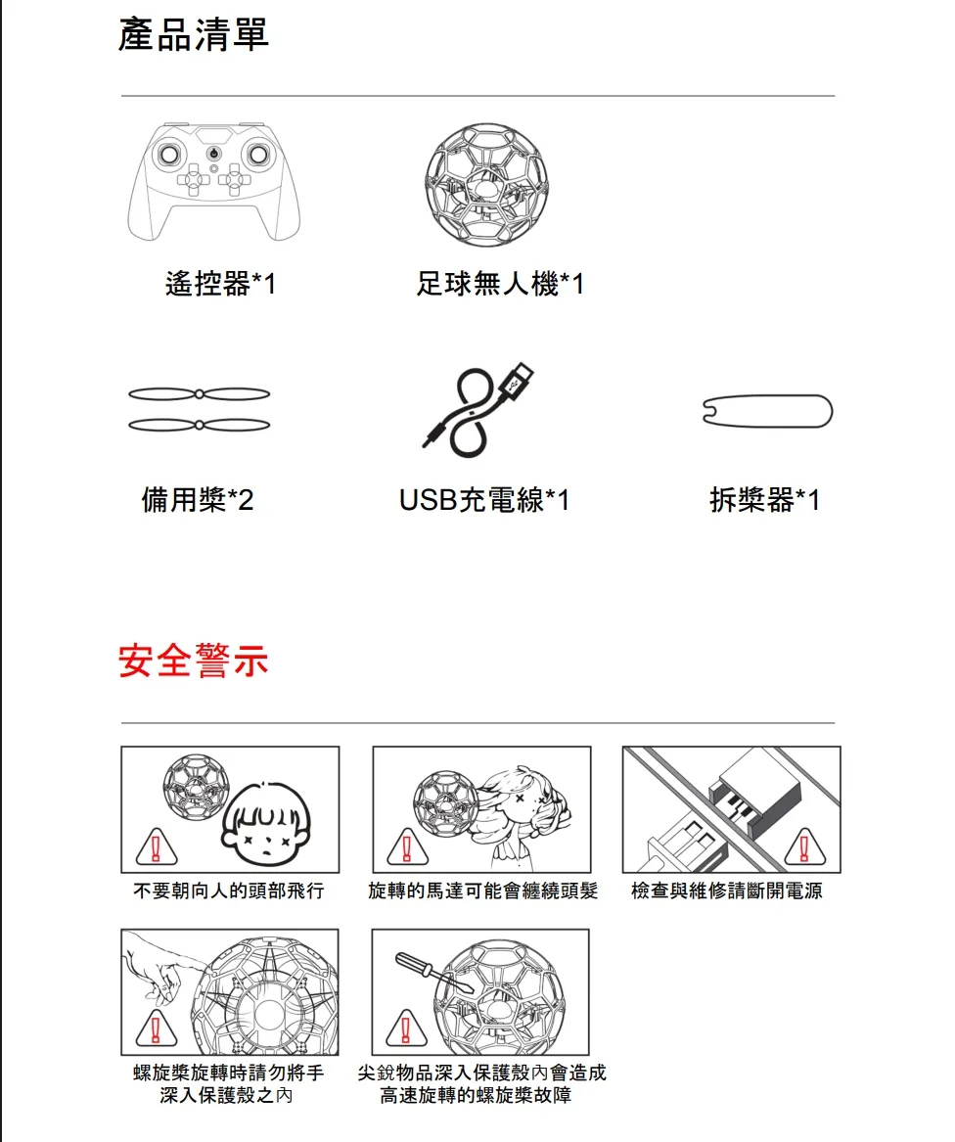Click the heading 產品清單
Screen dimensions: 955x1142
point(193,35)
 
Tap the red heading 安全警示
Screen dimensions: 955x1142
point(193,661)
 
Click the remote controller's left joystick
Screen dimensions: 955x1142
point(169,154)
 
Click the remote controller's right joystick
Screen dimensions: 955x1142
point(258,154)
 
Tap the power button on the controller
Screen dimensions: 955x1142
point(213,154)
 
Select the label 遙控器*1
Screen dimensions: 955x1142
point(220,284)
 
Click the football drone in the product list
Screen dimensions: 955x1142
point(486,184)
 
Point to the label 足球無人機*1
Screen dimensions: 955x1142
point(500,284)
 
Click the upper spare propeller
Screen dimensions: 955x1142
point(199,394)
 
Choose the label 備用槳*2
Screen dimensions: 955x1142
point(198,500)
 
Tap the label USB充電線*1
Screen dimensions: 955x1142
point(484,500)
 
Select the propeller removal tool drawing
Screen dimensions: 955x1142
point(768,412)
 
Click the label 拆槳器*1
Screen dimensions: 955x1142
point(765,500)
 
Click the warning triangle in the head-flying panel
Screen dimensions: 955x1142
point(156,847)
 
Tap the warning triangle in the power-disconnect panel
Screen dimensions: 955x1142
point(805,846)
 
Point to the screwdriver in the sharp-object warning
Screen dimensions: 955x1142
point(434,973)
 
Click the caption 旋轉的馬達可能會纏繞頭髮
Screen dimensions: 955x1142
point(483,891)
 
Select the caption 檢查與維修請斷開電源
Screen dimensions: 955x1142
point(727,891)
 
